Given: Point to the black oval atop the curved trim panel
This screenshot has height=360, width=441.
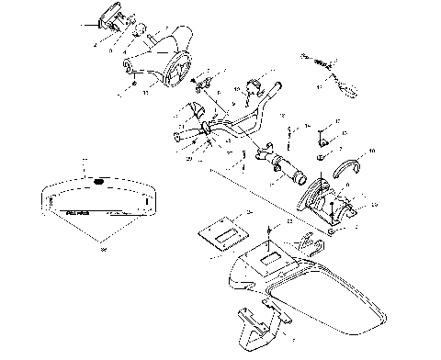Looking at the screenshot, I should click(98, 181).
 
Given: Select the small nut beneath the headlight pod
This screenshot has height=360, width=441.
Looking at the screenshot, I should click(135, 86).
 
